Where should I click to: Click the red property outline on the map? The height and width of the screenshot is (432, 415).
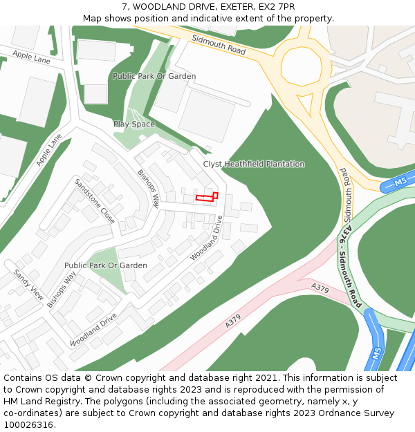(206, 197)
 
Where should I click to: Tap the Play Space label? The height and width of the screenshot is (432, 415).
(134, 124)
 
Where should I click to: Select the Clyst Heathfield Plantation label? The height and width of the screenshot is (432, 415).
(253, 165)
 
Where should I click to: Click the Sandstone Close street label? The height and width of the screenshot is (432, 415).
(95, 201)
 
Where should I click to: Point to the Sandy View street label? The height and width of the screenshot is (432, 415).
(28, 284)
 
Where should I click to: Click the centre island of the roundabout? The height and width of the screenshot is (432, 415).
(302, 66)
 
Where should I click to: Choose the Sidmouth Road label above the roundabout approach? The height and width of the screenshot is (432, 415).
(219, 44)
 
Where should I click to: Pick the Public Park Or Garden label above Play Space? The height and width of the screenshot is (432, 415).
(154, 76)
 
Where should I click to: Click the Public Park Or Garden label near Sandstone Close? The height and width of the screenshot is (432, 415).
(106, 265)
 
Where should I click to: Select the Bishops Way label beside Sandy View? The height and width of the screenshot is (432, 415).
(62, 290)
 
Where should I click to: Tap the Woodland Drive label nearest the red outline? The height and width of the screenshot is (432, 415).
(207, 238)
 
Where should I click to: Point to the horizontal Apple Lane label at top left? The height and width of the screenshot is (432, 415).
(31, 57)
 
